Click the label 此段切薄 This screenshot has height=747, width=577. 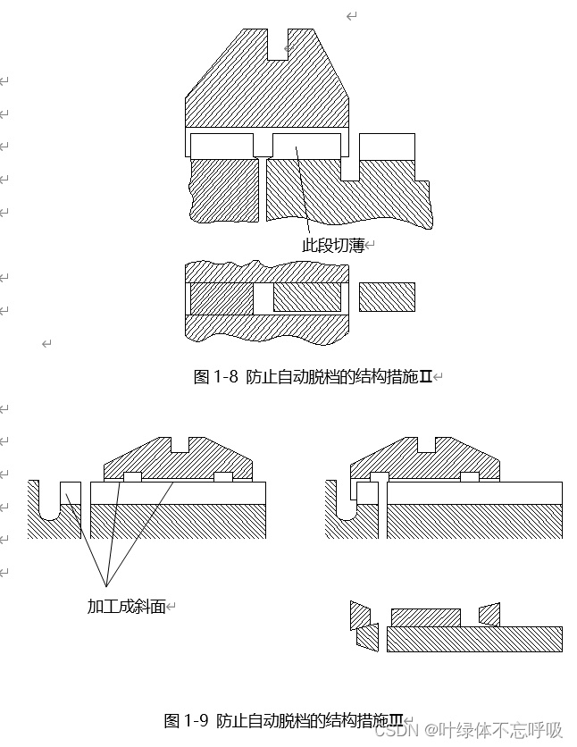(x=334, y=244)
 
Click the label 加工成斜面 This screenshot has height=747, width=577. (x=126, y=606)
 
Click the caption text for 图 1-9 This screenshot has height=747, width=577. (x=283, y=720)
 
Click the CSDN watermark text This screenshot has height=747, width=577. (x=468, y=730)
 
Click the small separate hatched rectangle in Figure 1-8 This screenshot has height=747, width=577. (x=387, y=297)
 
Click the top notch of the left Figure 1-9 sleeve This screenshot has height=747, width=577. (x=183, y=444)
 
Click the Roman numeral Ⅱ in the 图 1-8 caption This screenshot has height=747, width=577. (x=426, y=377)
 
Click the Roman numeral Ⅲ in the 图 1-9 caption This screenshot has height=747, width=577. (x=396, y=720)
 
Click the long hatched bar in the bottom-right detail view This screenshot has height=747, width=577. (x=474, y=639)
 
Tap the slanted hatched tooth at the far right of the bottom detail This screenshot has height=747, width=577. (x=489, y=615)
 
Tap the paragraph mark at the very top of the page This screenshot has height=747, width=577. (x=351, y=16)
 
